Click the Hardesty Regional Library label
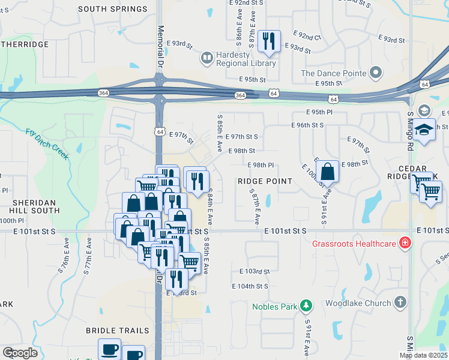coord(234,59)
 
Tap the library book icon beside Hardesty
coord(206,58)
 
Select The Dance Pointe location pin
coord(376,73)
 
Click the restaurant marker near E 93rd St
coord(268,41)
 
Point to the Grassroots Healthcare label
coord(354,244)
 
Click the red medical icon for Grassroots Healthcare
coord(405,244)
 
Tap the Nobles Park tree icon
coord(307,307)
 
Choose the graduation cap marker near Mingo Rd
coord(424,130)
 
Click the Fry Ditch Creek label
coord(47,144)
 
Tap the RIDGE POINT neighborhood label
coord(265,181)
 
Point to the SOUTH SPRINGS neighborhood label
coord(113,9)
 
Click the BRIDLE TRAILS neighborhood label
coord(117,331)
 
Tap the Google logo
coord(20,353)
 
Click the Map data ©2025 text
coord(423,355)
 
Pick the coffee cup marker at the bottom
coord(109,349)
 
